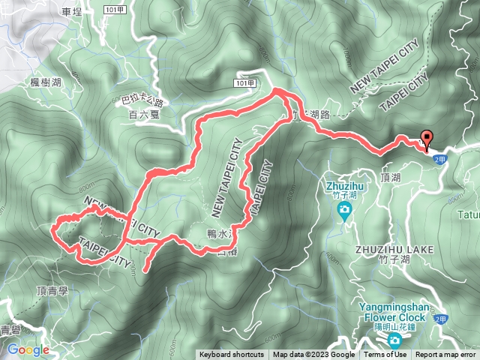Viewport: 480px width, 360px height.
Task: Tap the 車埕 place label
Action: (x=72, y=11)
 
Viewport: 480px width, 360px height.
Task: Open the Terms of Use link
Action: (x=385, y=355)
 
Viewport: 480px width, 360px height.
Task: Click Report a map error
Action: (x=446, y=355)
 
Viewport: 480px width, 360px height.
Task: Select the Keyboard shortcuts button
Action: (x=231, y=355)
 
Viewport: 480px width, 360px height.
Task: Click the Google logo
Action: (x=28, y=349)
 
